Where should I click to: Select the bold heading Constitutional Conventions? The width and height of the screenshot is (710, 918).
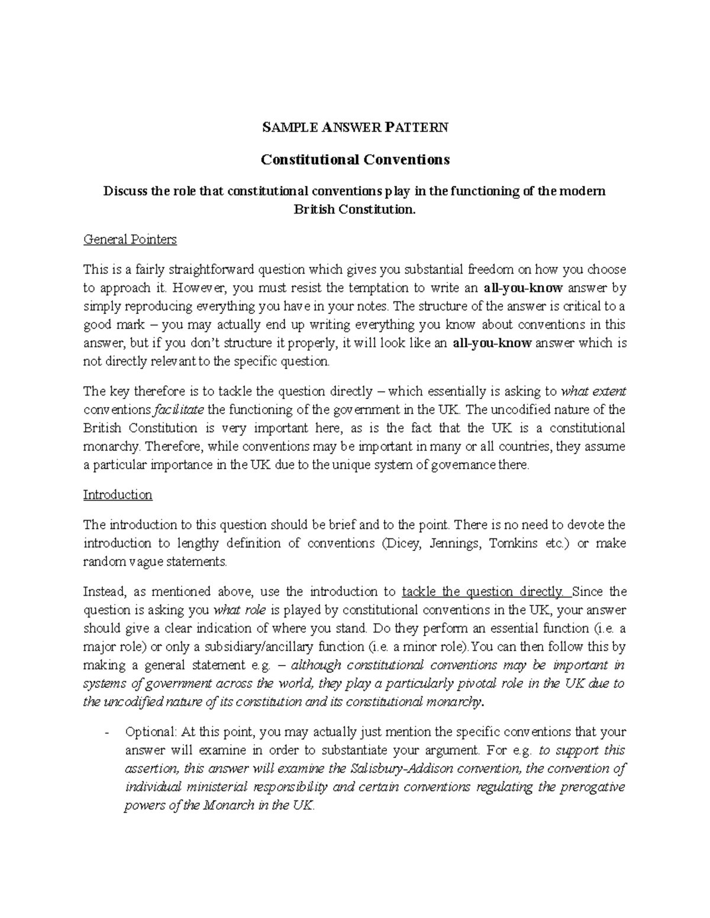click(x=355, y=160)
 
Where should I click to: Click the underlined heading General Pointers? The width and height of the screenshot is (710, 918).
click(x=130, y=239)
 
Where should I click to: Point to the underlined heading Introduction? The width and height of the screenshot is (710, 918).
click(x=118, y=495)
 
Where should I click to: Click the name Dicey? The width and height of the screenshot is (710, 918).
click(x=402, y=543)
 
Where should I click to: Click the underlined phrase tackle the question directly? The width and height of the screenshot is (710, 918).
click(x=482, y=592)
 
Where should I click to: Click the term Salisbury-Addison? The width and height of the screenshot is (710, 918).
click(x=396, y=769)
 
